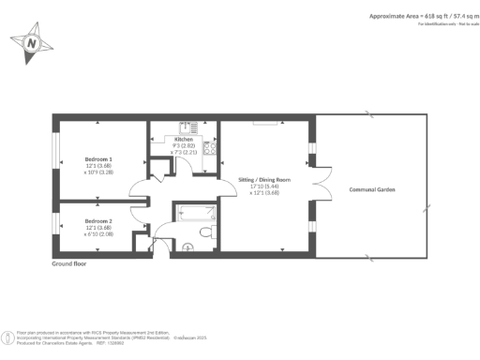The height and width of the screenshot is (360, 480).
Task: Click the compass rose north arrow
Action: tap(33, 44)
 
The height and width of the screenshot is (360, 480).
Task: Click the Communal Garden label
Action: tap(368, 189)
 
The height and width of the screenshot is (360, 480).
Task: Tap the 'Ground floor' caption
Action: tap(69, 264)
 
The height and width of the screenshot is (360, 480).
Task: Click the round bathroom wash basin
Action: tap(187, 247)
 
